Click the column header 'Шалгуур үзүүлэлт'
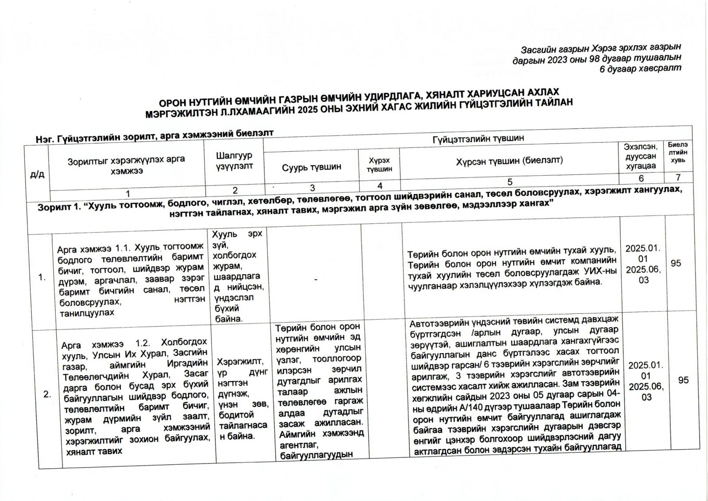[x=234, y=161]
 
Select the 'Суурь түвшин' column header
[x=312, y=167]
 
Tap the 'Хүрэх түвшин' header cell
[x=379, y=165]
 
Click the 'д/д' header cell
[x=37, y=174]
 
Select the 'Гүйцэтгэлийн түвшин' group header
[x=478, y=138]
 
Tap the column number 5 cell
[x=510, y=181]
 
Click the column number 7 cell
[x=677, y=177]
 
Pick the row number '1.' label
[x=42, y=278]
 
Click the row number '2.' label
[x=47, y=395]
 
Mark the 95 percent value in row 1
[x=676, y=263]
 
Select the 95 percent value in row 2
[x=683, y=380]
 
